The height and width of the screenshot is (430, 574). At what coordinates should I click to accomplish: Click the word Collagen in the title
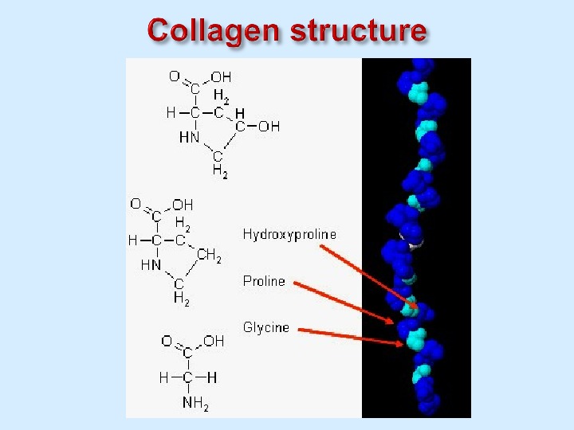pyautogui.click(x=214, y=31)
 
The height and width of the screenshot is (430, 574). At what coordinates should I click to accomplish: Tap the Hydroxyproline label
pyautogui.click(x=289, y=234)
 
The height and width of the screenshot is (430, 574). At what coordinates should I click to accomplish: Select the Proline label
pyautogui.click(x=264, y=281)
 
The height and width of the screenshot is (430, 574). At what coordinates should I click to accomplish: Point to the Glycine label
pyautogui.click(x=265, y=327)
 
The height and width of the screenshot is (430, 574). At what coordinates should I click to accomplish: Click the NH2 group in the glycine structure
pyautogui.click(x=195, y=403)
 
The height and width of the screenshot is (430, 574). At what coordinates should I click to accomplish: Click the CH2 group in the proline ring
pyautogui.click(x=209, y=256)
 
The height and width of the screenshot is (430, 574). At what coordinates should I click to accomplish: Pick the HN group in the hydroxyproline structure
pyautogui.click(x=189, y=137)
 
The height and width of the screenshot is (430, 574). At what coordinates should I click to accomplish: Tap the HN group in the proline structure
pyautogui.click(x=151, y=265)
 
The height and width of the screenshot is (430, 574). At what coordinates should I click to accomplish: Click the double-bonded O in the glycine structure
pyautogui.click(x=167, y=341)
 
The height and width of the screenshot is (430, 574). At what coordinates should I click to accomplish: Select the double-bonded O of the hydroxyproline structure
pyautogui.click(x=174, y=76)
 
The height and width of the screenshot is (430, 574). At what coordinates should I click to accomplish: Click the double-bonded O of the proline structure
pyautogui.click(x=136, y=204)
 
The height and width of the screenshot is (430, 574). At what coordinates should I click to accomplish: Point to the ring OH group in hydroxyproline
pyautogui.click(x=269, y=126)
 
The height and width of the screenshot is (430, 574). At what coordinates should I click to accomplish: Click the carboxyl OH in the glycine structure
pyautogui.click(x=214, y=341)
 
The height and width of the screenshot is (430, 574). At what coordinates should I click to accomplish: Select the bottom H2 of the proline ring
pyautogui.click(x=181, y=299)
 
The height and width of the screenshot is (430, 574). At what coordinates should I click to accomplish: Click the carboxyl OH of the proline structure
pyautogui.click(x=183, y=205)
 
